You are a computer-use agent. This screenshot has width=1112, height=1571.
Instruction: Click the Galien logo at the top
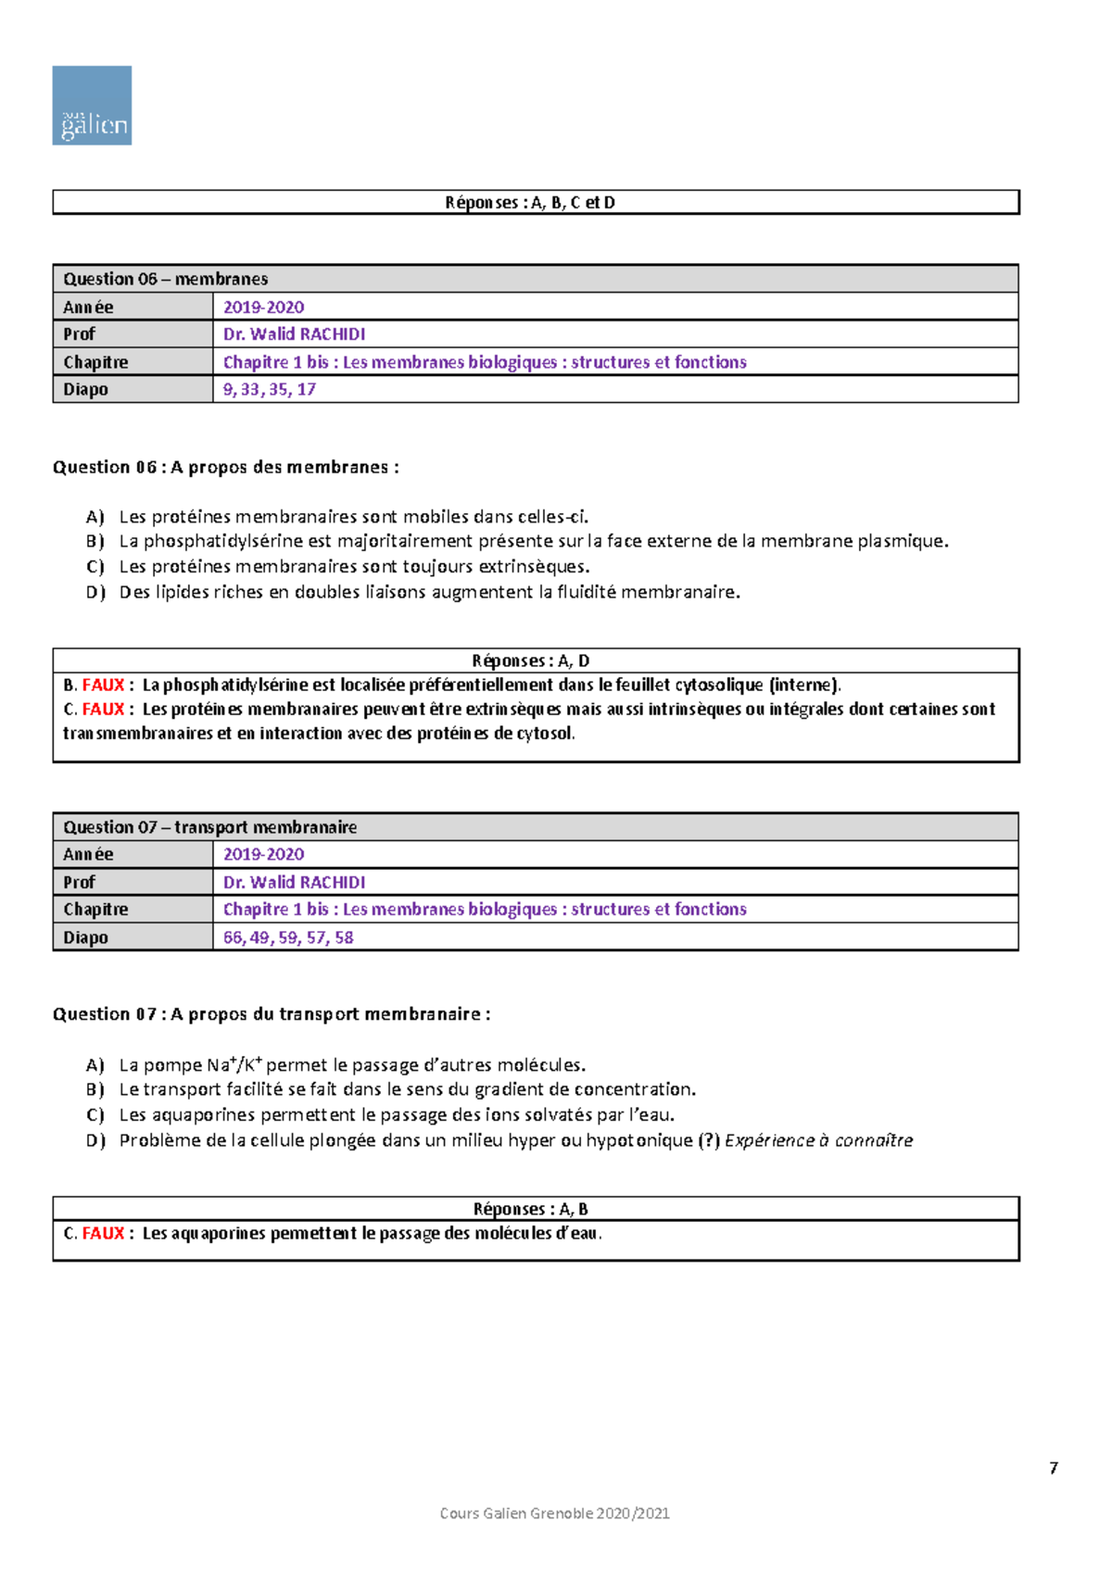click(x=92, y=106)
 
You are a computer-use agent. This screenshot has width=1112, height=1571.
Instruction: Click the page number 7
click(x=1054, y=1468)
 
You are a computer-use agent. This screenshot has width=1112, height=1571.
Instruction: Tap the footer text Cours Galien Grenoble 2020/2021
click(x=554, y=1514)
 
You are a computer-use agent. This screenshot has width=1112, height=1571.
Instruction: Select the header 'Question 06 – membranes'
click(x=166, y=279)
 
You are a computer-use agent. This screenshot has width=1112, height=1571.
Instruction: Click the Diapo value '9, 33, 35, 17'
click(x=270, y=390)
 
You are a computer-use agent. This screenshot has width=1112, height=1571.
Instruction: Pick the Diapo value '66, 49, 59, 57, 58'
click(x=288, y=937)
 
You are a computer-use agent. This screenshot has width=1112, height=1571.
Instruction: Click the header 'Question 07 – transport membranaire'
click(x=210, y=827)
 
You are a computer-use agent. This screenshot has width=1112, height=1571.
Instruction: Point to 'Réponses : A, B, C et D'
click(x=530, y=203)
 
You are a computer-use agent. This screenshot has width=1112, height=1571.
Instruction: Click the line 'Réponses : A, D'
click(x=531, y=661)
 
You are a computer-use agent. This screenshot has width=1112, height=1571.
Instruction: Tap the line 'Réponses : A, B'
click(x=531, y=1209)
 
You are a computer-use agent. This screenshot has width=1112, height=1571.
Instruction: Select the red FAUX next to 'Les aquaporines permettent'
click(x=103, y=1234)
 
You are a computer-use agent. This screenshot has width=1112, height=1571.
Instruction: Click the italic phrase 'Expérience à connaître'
click(x=818, y=1140)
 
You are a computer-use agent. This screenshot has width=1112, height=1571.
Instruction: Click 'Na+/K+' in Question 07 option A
click(x=234, y=1065)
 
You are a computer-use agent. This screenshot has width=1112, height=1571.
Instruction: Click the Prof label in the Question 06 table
click(x=80, y=334)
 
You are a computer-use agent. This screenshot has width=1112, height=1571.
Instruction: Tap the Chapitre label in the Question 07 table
click(x=95, y=910)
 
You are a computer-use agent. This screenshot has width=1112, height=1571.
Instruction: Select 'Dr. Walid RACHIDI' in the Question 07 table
click(x=294, y=883)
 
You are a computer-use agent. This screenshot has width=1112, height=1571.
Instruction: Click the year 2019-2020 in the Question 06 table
click(x=263, y=308)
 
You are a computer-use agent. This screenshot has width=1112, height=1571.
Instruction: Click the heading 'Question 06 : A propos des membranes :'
click(x=225, y=468)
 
